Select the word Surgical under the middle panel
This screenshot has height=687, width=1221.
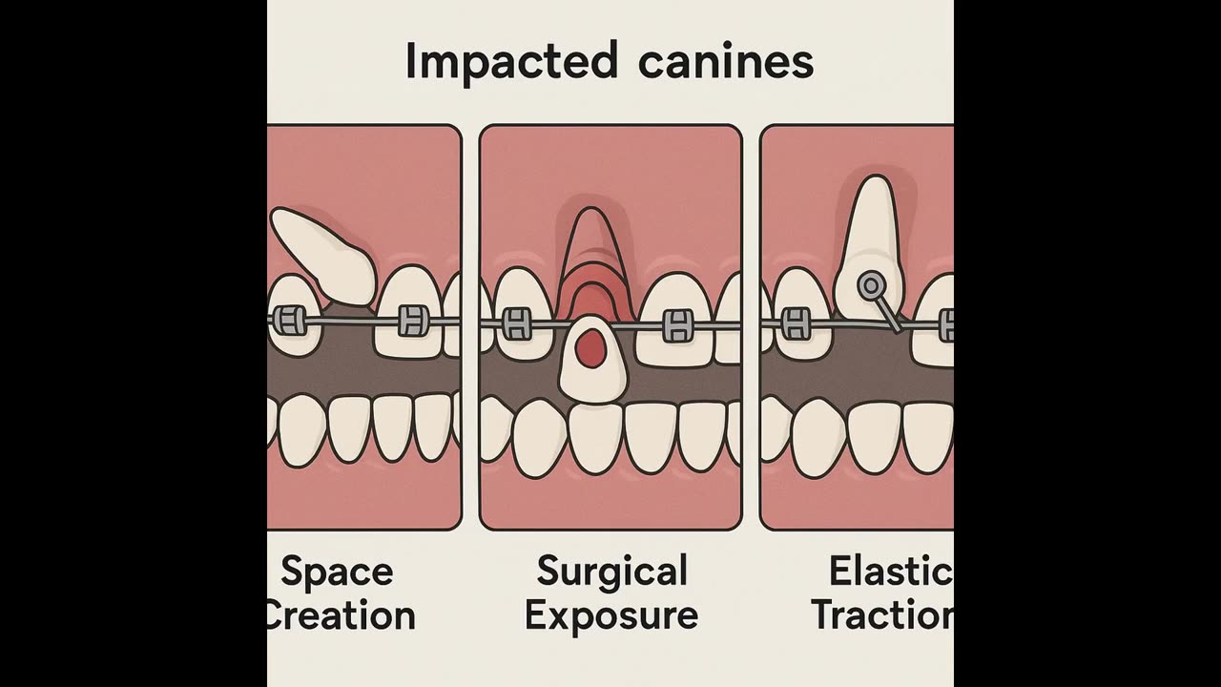coord(611,572)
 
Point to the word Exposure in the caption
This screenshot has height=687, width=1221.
coord(611,614)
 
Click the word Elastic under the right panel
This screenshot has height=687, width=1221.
coord(890,572)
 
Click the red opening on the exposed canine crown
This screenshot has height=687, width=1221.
coord(592,349)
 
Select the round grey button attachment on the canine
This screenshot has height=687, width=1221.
coord(870,284)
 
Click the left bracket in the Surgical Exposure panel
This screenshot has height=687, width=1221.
coord(516,324)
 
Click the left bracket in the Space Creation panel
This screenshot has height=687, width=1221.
coord(290,321)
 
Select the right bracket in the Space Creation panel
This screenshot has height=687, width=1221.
coord(411,321)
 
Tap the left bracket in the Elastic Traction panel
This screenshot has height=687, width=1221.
coord(796,323)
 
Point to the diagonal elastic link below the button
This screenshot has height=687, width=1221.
coord(888,312)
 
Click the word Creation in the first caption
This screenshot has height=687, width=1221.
coord(340,615)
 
